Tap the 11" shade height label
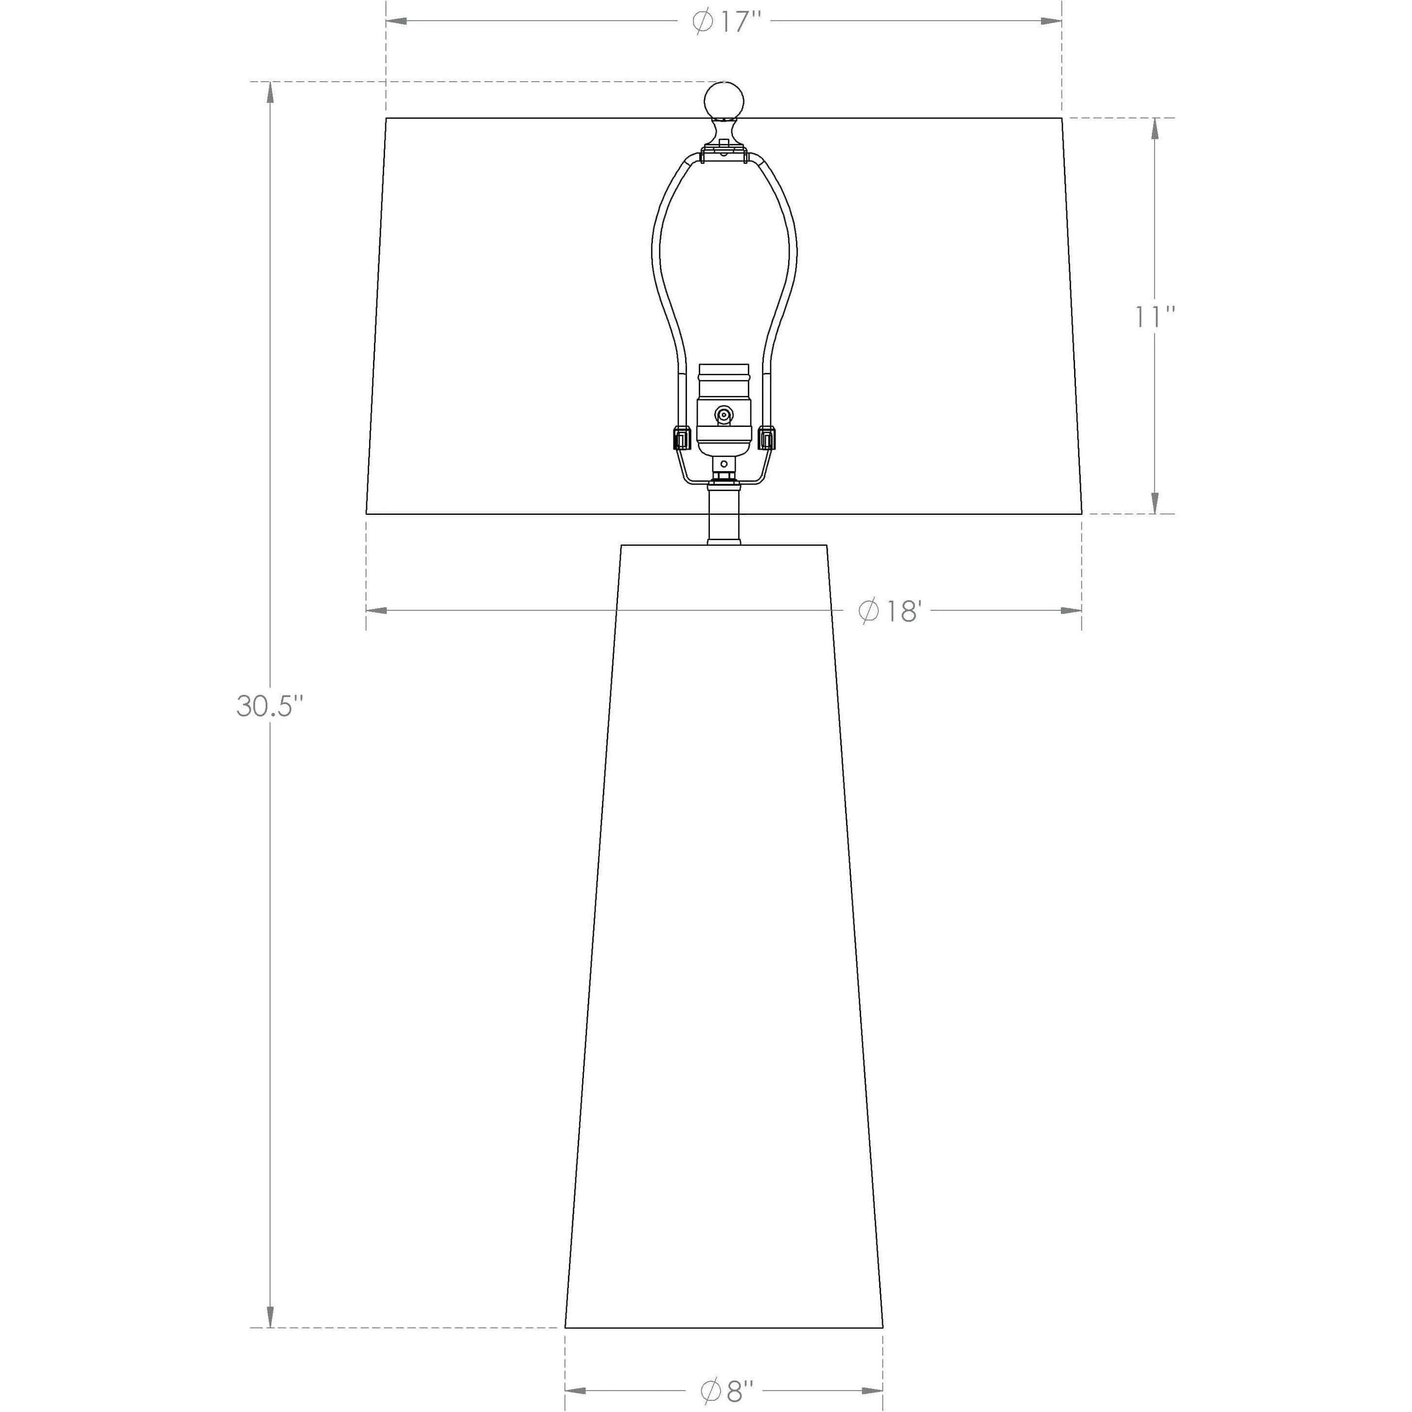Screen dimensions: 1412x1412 point(1155,317)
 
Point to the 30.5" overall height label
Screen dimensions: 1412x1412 point(268,706)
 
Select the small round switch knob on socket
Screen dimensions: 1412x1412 point(724,416)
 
